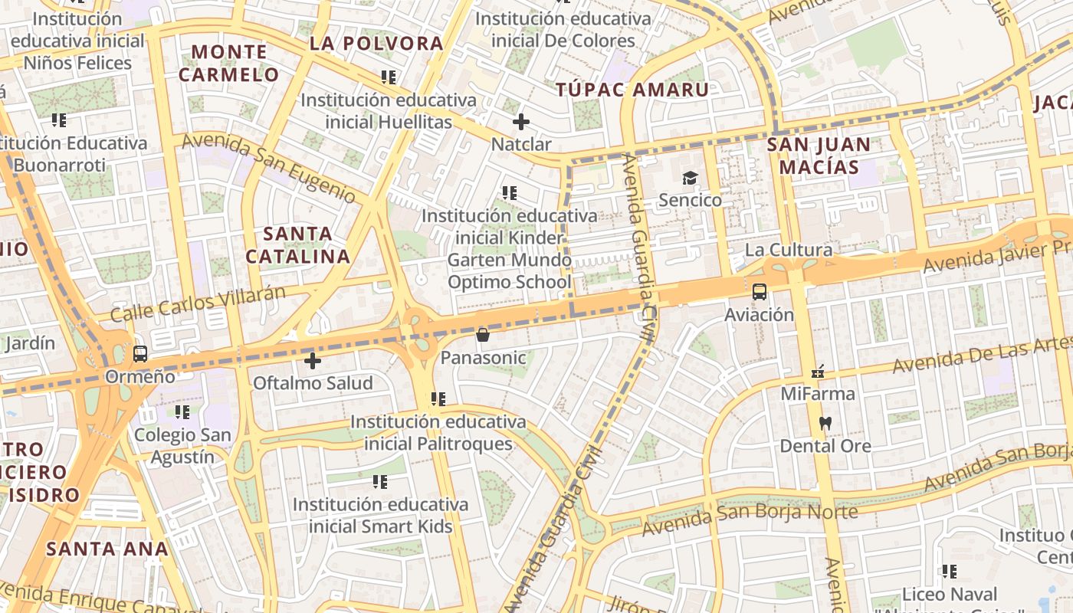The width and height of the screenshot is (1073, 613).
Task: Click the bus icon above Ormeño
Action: (x=140, y=354)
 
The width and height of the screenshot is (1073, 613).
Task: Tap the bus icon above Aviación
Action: (x=760, y=292)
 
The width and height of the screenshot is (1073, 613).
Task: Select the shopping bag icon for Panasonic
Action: (x=483, y=335)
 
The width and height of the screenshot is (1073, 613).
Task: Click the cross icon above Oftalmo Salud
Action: (x=313, y=360)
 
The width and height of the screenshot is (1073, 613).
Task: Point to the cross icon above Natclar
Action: (x=521, y=122)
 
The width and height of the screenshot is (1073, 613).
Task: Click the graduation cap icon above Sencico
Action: (x=691, y=179)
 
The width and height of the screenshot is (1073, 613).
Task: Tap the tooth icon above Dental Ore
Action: (x=825, y=423)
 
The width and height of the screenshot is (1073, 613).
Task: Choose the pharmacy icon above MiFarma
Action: (x=818, y=372)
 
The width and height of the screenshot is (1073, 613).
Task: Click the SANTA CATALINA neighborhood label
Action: (x=298, y=245)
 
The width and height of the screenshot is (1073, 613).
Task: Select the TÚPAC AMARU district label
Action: (x=632, y=90)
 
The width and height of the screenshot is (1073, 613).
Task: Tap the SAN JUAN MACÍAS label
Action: (x=819, y=156)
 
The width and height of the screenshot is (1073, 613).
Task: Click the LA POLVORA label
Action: (x=376, y=44)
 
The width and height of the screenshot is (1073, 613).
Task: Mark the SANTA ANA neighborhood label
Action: (x=107, y=549)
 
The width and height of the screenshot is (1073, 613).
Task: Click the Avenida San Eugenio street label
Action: (x=269, y=167)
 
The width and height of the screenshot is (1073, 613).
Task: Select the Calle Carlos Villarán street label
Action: (x=199, y=303)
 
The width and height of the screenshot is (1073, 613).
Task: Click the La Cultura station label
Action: (x=789, y=250)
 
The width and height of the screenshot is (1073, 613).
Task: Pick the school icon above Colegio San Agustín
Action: (x=182, y=412)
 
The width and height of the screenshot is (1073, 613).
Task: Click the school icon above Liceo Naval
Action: (x=950, y=572)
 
